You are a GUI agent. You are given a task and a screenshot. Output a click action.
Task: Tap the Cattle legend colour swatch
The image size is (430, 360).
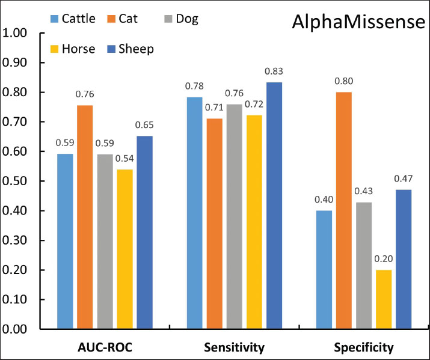point(55,19)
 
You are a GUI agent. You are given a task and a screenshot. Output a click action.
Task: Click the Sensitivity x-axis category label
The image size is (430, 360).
point(234,347)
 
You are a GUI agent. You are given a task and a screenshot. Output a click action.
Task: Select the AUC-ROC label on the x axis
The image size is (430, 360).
point(105,347)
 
